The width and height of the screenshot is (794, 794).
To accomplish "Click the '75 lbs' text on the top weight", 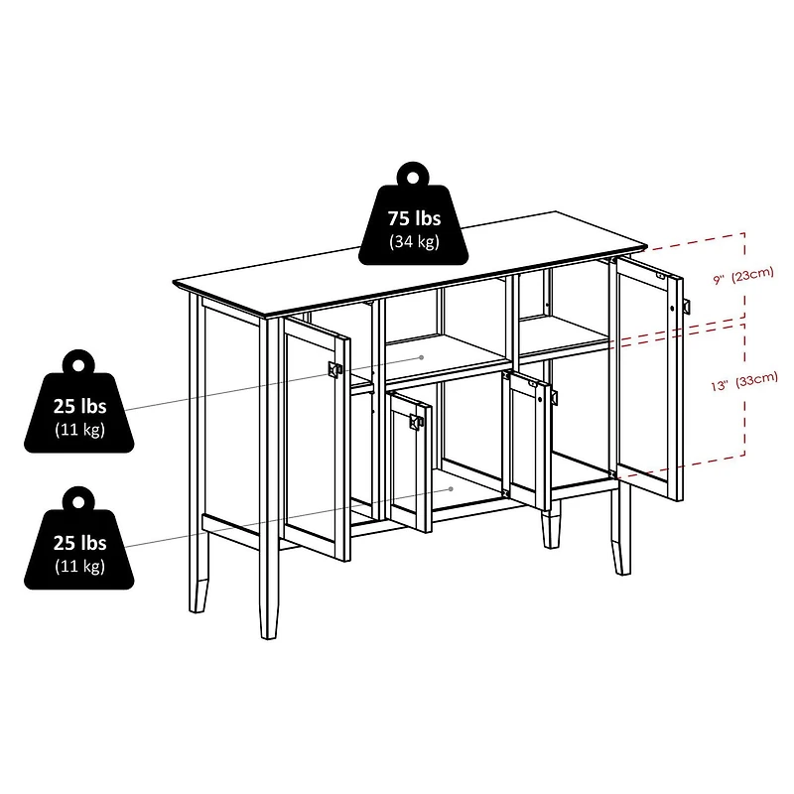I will (x=414, y=218).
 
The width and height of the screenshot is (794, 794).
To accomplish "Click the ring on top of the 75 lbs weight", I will (x=414, y=176).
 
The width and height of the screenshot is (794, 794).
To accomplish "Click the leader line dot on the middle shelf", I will (x=423, y=356).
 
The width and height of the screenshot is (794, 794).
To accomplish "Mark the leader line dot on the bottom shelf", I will (x=451, y=488).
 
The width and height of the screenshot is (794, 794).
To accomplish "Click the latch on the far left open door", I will (x=334, y=369).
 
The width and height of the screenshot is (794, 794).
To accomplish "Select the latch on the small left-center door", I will (x=415, y=423).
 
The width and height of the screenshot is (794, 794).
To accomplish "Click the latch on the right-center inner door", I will (x=547, y=395).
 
